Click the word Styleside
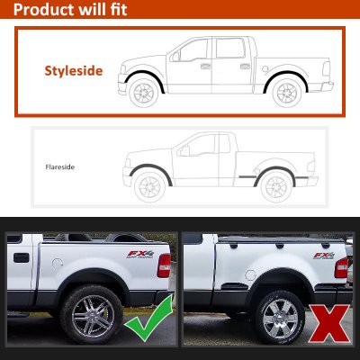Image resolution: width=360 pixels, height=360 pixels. [74, 71]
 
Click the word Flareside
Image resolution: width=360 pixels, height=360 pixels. [60, 166]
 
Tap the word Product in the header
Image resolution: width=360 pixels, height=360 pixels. [43, 10]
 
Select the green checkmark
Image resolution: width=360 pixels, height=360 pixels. [148, 318]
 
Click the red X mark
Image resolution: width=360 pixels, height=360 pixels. [329, 323]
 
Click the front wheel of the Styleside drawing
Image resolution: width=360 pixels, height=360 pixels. [144, 93]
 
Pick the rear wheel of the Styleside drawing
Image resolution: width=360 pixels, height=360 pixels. [287, 93]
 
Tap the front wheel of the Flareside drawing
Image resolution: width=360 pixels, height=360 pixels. [149, 187]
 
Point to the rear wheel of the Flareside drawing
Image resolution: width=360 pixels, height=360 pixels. [276, 186]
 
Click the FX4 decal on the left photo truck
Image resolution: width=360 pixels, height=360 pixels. [140, 254]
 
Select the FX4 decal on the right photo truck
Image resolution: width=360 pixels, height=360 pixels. [324, 256]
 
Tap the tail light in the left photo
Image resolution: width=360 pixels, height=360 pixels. [164, 265]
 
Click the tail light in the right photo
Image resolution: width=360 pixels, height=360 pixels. [341, 267]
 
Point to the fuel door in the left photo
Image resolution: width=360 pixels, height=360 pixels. [58, 264]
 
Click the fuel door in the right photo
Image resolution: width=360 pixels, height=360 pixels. [250, 274]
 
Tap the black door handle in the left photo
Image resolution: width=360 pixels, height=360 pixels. [22, 257]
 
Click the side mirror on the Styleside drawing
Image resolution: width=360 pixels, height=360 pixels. [175, 57]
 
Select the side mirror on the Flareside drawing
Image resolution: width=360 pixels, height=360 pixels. [184, 150]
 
